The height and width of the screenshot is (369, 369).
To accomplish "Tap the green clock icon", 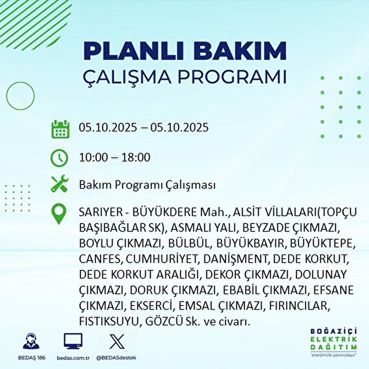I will coord(59,158).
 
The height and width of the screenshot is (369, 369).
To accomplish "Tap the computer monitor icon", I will coord(73,341).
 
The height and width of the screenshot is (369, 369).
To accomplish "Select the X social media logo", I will coord(117,341).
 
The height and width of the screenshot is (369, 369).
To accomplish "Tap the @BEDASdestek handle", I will coord(116,358).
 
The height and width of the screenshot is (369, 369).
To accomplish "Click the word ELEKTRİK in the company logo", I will coord(334,339).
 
